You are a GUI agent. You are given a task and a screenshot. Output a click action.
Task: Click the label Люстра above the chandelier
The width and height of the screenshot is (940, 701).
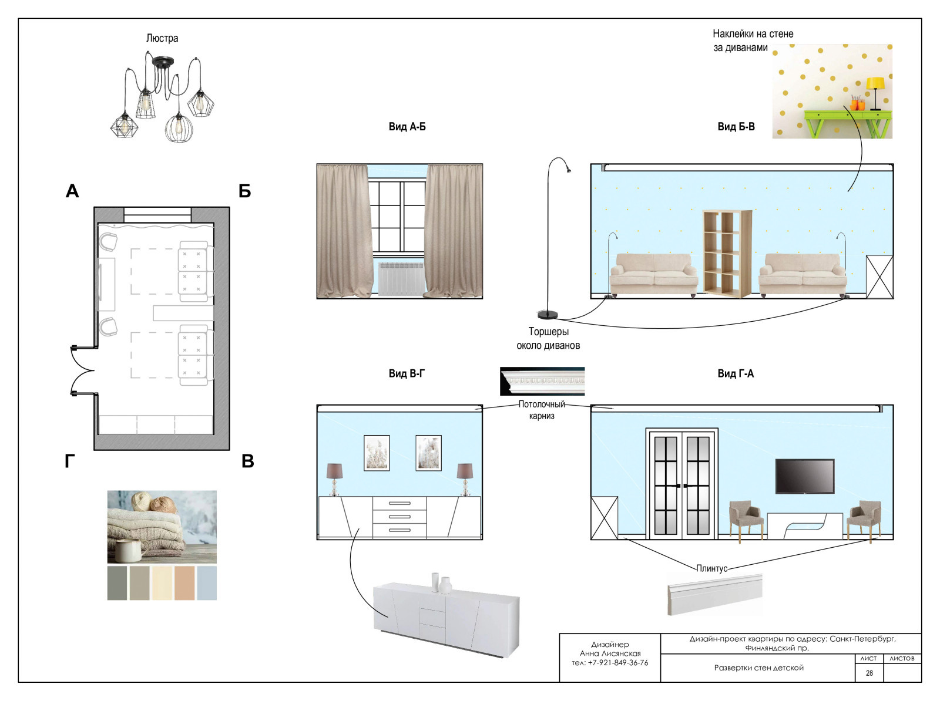(x=162, y=38)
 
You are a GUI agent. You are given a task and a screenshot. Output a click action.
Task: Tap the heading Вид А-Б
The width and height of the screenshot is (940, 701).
(x=407, y=127)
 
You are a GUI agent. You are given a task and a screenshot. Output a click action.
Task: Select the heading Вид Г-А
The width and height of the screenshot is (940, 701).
(x=736, y=373)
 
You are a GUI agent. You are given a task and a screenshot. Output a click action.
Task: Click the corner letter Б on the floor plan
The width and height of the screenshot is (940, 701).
(x=244, y=191)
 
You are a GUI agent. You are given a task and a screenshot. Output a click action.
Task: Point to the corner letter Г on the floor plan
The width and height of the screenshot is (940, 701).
(x=70, y=461)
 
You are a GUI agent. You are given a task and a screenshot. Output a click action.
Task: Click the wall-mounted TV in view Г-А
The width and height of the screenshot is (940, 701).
(x=805, y=476)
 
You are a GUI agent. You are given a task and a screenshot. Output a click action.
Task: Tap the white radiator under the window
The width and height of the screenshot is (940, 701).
(x=401, y=279)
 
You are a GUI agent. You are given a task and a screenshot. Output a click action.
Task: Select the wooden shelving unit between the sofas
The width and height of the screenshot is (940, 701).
(x=727, y=254)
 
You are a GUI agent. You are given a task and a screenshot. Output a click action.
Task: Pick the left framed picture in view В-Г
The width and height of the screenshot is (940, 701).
(x=377, y=453)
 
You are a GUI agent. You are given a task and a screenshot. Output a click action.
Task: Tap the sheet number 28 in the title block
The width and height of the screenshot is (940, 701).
(x=869, y=673)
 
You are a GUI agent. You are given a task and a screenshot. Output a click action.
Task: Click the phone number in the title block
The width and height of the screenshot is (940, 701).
(x=610, y=662)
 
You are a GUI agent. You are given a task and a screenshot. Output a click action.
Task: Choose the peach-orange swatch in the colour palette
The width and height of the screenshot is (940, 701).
(x=184, y=583)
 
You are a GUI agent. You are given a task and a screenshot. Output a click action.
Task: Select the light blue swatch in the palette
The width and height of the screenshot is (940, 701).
(x=207, y=583)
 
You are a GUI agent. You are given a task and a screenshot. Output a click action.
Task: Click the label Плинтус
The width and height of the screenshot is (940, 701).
(x=711, y=568)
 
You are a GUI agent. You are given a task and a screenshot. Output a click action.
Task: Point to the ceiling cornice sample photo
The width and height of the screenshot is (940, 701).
(x=542, y=381)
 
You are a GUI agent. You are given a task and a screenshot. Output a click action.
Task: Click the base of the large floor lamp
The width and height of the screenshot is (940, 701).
(x=548, y=315)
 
